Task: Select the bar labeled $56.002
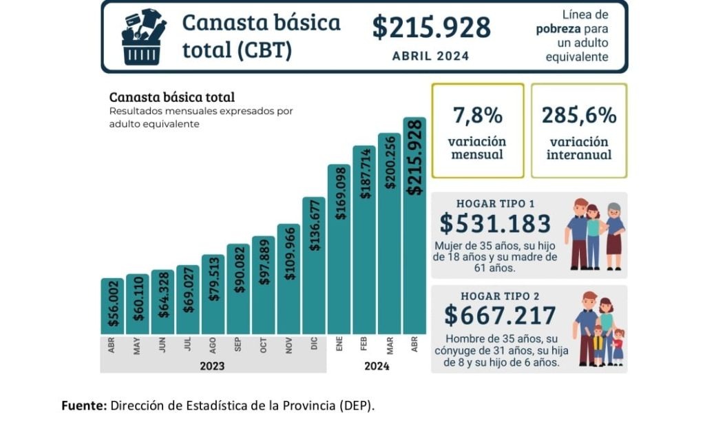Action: [x=112, y=306]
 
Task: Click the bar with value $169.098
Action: [x=339, y=249]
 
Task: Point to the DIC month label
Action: [x=314, y=345]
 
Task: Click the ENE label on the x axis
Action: [x=339, y=345]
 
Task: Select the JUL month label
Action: [x=187, y=345]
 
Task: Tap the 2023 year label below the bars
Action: [x=212, y=366]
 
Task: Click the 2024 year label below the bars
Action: [x=377, y=366]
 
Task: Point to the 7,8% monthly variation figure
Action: [x=477, y=115]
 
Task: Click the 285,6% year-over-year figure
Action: [x=579, y=115]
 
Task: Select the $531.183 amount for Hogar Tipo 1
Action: [x=495, y=224]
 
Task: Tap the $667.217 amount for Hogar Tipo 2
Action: [x=500, y=315]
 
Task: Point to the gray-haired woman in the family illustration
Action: [x=614, y=234]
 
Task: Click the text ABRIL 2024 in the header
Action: [x=430, y=56]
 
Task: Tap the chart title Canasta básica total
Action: [x=171, y=97]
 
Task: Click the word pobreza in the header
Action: [x=558, y=29]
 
